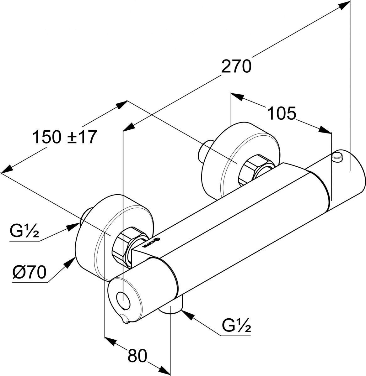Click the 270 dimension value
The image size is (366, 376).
pyautogui.click(x=236, y=66)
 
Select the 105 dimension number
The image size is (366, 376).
pyautogui.click(x=282, y=113)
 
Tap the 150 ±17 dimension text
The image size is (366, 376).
pyautogui.click(x=64, y=137)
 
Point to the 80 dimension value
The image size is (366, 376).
pyautogui.click(x=137, y=356)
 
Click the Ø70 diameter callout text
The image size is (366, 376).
pyautogui.click(x=30, y=273)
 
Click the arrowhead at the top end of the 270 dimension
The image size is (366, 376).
pyautogui.click(x=345, y=4)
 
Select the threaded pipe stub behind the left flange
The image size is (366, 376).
pyautogui.click(x=85, y=217)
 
